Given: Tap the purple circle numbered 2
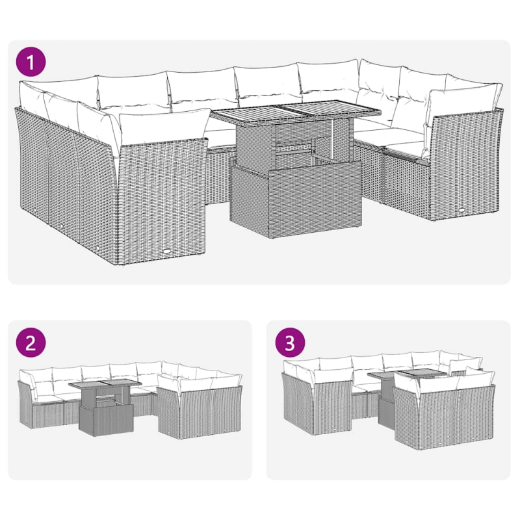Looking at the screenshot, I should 31,343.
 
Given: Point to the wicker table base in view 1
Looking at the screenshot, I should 296,198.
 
